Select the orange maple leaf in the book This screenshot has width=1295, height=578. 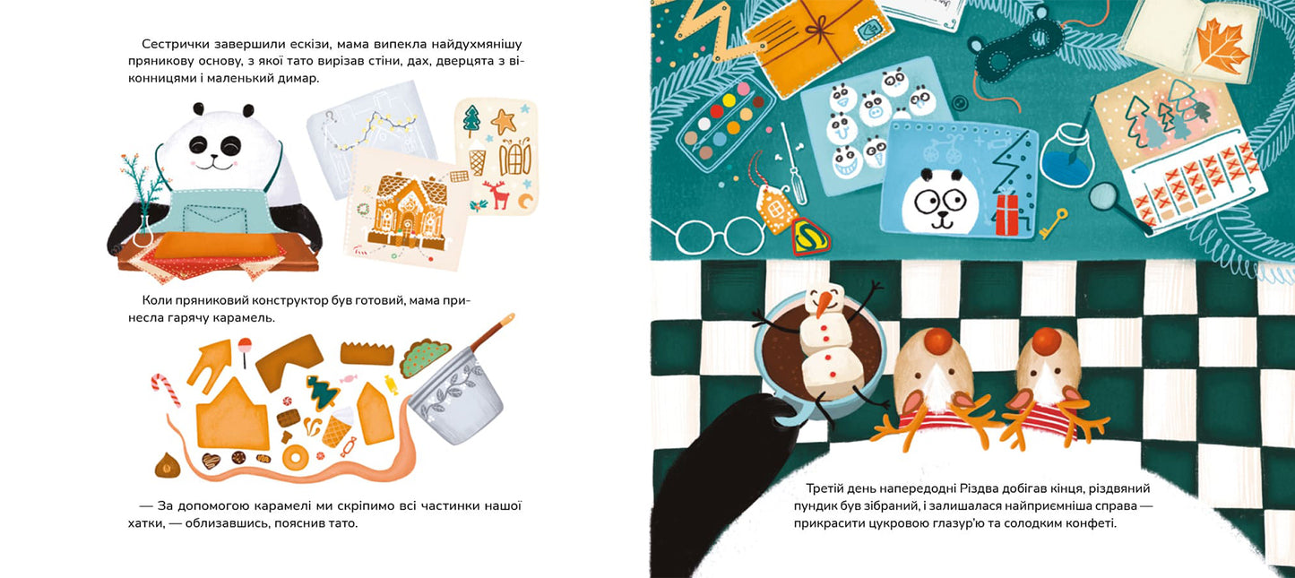click(1222, 47)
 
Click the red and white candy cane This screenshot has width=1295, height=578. click(165, 389)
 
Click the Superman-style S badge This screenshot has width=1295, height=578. click(810, 235)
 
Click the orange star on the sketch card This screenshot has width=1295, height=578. click(504, 121)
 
